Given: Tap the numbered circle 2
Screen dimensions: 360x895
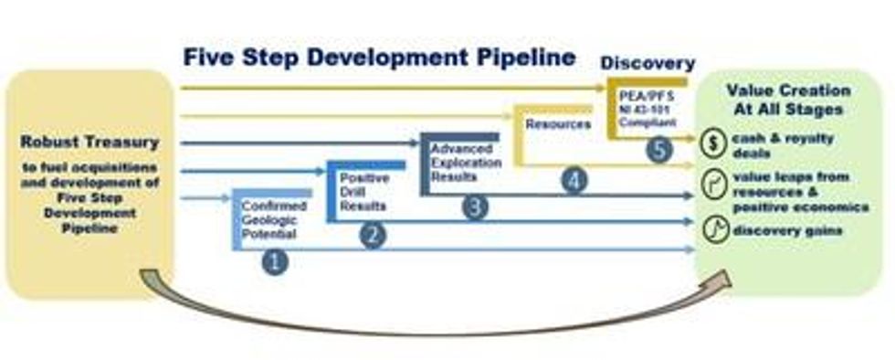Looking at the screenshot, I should pos(371,236).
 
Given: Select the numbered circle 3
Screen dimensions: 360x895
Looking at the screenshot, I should pos(474,207).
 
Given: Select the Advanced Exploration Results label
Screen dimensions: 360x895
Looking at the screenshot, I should pos(466,163).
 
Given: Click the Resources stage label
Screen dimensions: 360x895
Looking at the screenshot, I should pos(557,123).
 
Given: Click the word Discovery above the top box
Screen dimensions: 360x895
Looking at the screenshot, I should pos(648,63).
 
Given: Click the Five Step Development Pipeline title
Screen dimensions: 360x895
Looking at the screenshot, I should pos(379,58).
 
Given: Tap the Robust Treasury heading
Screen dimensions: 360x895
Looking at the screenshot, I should pos(89,143).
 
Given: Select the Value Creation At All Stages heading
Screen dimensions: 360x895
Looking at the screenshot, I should pos(788,99).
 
